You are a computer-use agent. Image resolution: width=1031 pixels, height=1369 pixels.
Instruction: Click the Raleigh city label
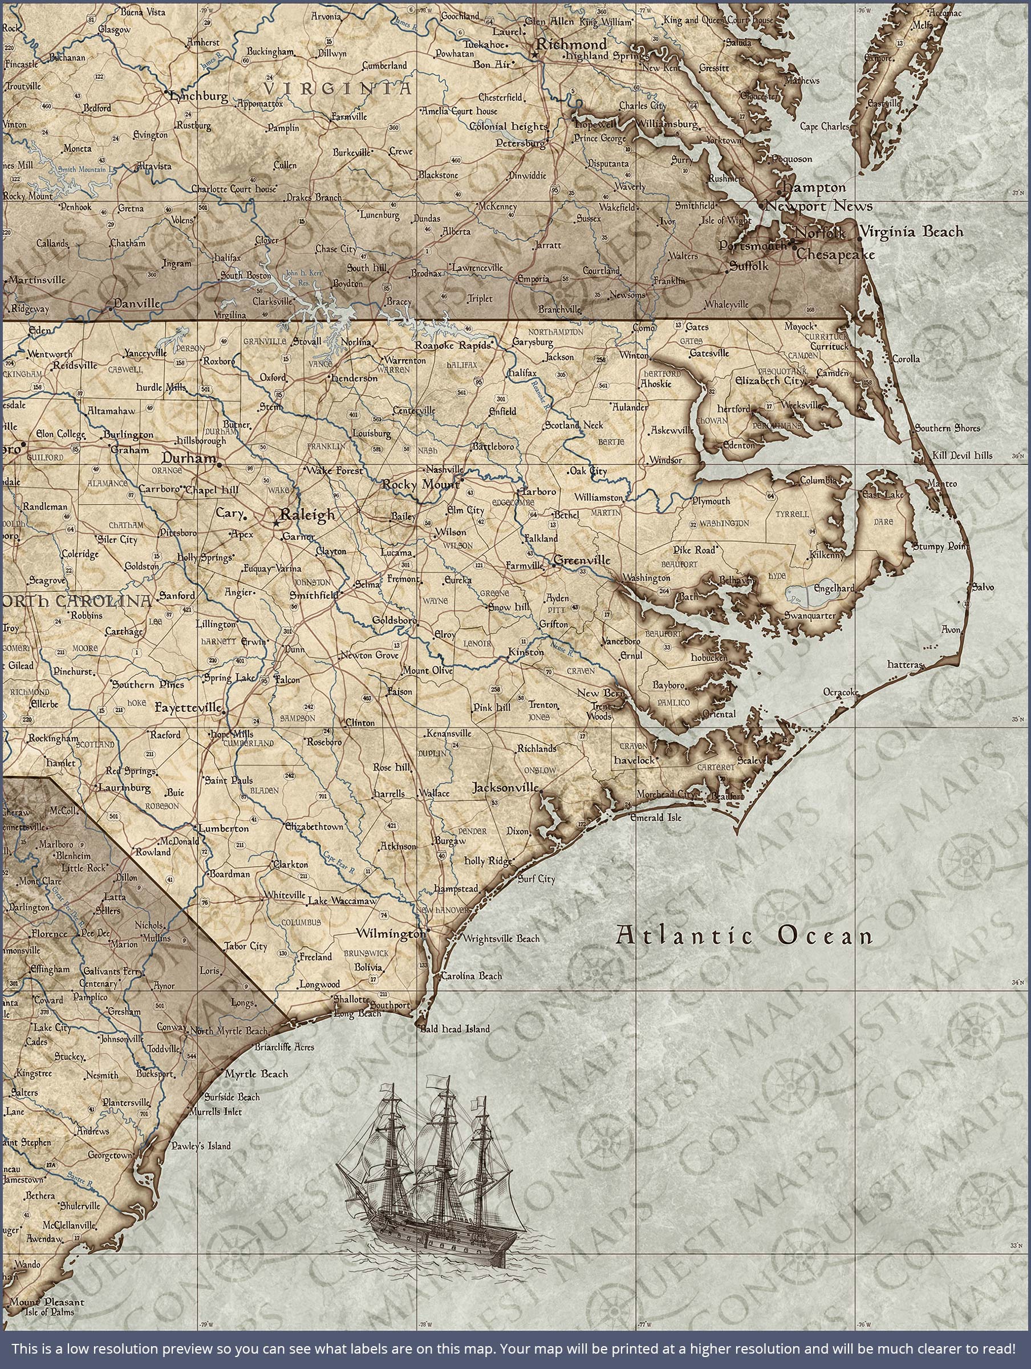307,515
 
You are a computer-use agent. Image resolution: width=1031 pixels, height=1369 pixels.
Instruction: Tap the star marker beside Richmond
535,54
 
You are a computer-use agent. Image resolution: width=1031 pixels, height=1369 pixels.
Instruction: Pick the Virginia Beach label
912,232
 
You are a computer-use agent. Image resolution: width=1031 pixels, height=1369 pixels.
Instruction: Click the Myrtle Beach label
256,1074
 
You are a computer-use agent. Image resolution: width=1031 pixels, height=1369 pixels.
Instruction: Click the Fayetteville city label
188,707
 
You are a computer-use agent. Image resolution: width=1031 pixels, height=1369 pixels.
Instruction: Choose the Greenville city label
582,561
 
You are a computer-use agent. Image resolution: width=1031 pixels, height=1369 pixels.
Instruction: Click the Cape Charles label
825,127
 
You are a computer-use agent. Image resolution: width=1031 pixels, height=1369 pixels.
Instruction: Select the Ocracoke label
841,692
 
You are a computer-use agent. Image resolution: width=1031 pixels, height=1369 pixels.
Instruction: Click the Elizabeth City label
769,381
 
